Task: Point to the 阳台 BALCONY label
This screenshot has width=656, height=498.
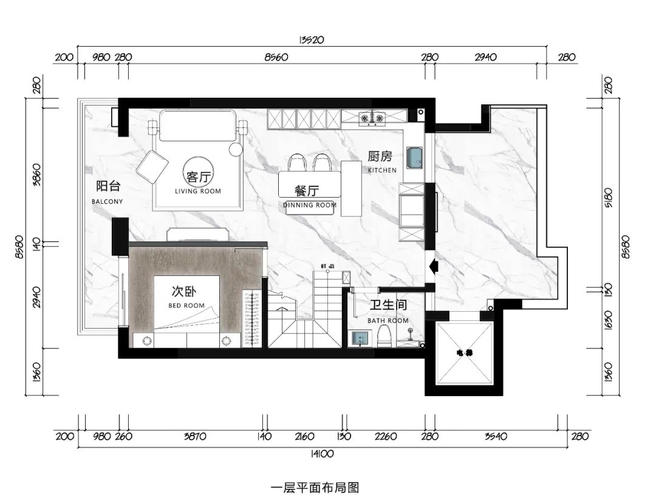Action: (x=108, y=191)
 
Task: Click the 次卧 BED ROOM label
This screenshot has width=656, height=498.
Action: (x=186, y=295)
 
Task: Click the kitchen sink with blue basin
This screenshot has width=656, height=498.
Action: (x=414, y=158)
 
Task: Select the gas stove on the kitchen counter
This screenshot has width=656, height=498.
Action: (x=372, y=117)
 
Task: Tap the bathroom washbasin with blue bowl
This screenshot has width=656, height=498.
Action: (x=360, y=338)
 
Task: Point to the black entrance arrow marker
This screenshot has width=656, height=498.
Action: (x=432, y=265)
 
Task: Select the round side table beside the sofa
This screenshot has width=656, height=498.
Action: (x=236, y=149)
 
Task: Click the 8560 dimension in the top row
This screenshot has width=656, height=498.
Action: (x=276, y=58)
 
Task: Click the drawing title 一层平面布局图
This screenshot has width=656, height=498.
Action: (x=315, y=486)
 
